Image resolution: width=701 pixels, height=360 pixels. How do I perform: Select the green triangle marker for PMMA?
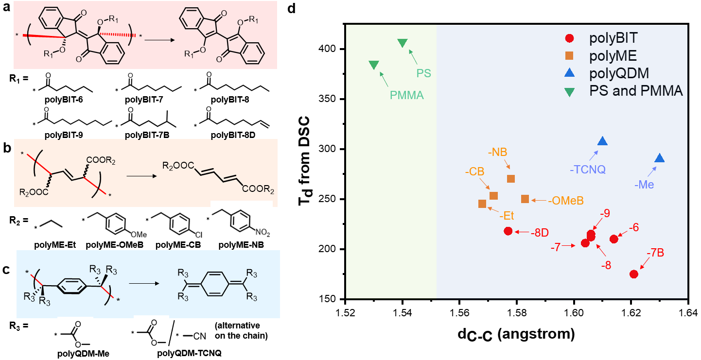374,65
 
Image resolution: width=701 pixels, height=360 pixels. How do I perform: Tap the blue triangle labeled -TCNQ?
603,141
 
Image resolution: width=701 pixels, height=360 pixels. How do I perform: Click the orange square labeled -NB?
511,179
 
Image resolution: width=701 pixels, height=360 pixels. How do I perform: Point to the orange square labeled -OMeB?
525,199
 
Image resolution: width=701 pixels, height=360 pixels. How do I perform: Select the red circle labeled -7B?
634,274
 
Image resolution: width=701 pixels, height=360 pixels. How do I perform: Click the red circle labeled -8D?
508,231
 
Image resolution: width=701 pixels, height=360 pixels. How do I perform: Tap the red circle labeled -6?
614,239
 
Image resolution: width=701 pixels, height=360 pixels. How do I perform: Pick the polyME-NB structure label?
240,245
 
